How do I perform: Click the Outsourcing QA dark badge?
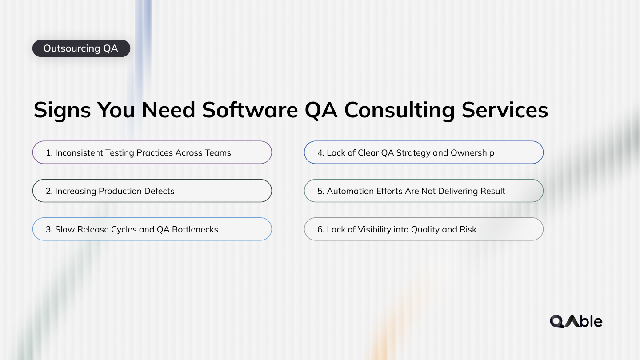point(81,48)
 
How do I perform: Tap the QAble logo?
point(576,321)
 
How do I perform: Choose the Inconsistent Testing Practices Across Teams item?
point(152,152)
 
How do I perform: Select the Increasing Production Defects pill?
point(152,191)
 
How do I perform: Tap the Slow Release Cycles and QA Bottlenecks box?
point(152,229)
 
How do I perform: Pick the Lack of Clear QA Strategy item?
point(423,152)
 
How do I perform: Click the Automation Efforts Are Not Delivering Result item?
point(423,191)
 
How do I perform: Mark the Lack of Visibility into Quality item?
point(423,229)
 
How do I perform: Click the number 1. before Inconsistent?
point(49,153)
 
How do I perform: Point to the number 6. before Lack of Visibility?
point(321,229)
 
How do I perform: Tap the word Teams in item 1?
point(218,153)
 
